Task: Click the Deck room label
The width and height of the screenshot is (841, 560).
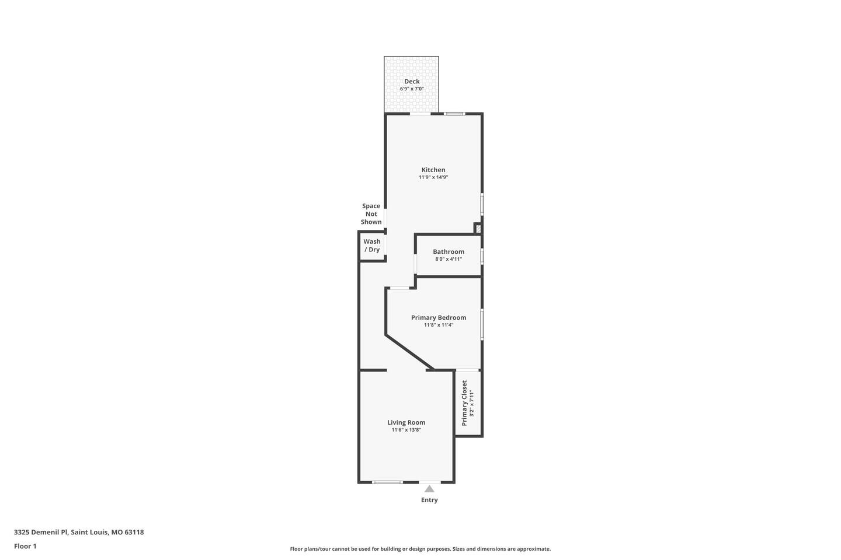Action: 412,82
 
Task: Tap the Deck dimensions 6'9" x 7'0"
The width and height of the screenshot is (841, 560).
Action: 412,89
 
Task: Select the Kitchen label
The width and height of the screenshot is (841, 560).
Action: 433,170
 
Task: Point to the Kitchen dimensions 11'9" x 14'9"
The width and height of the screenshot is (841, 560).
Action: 433,177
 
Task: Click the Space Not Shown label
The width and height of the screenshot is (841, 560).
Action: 371,214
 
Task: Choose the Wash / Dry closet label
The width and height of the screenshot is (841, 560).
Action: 371,246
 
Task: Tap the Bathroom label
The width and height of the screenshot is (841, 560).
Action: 449,251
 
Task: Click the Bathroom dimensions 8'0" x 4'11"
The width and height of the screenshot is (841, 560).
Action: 449,259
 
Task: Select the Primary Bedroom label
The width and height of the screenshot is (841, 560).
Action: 439,318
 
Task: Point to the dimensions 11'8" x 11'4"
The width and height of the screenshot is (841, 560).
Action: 439,325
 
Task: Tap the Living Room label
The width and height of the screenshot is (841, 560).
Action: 406,423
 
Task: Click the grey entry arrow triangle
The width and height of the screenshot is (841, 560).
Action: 429,489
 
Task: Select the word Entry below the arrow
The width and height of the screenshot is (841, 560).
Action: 429,500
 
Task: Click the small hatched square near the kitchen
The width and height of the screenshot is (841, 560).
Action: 478,228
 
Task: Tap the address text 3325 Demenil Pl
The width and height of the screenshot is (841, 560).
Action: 41,532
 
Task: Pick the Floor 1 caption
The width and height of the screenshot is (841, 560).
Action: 25,547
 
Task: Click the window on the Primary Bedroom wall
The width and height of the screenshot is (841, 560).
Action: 482,324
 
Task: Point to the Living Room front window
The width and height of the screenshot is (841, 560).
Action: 387,482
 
